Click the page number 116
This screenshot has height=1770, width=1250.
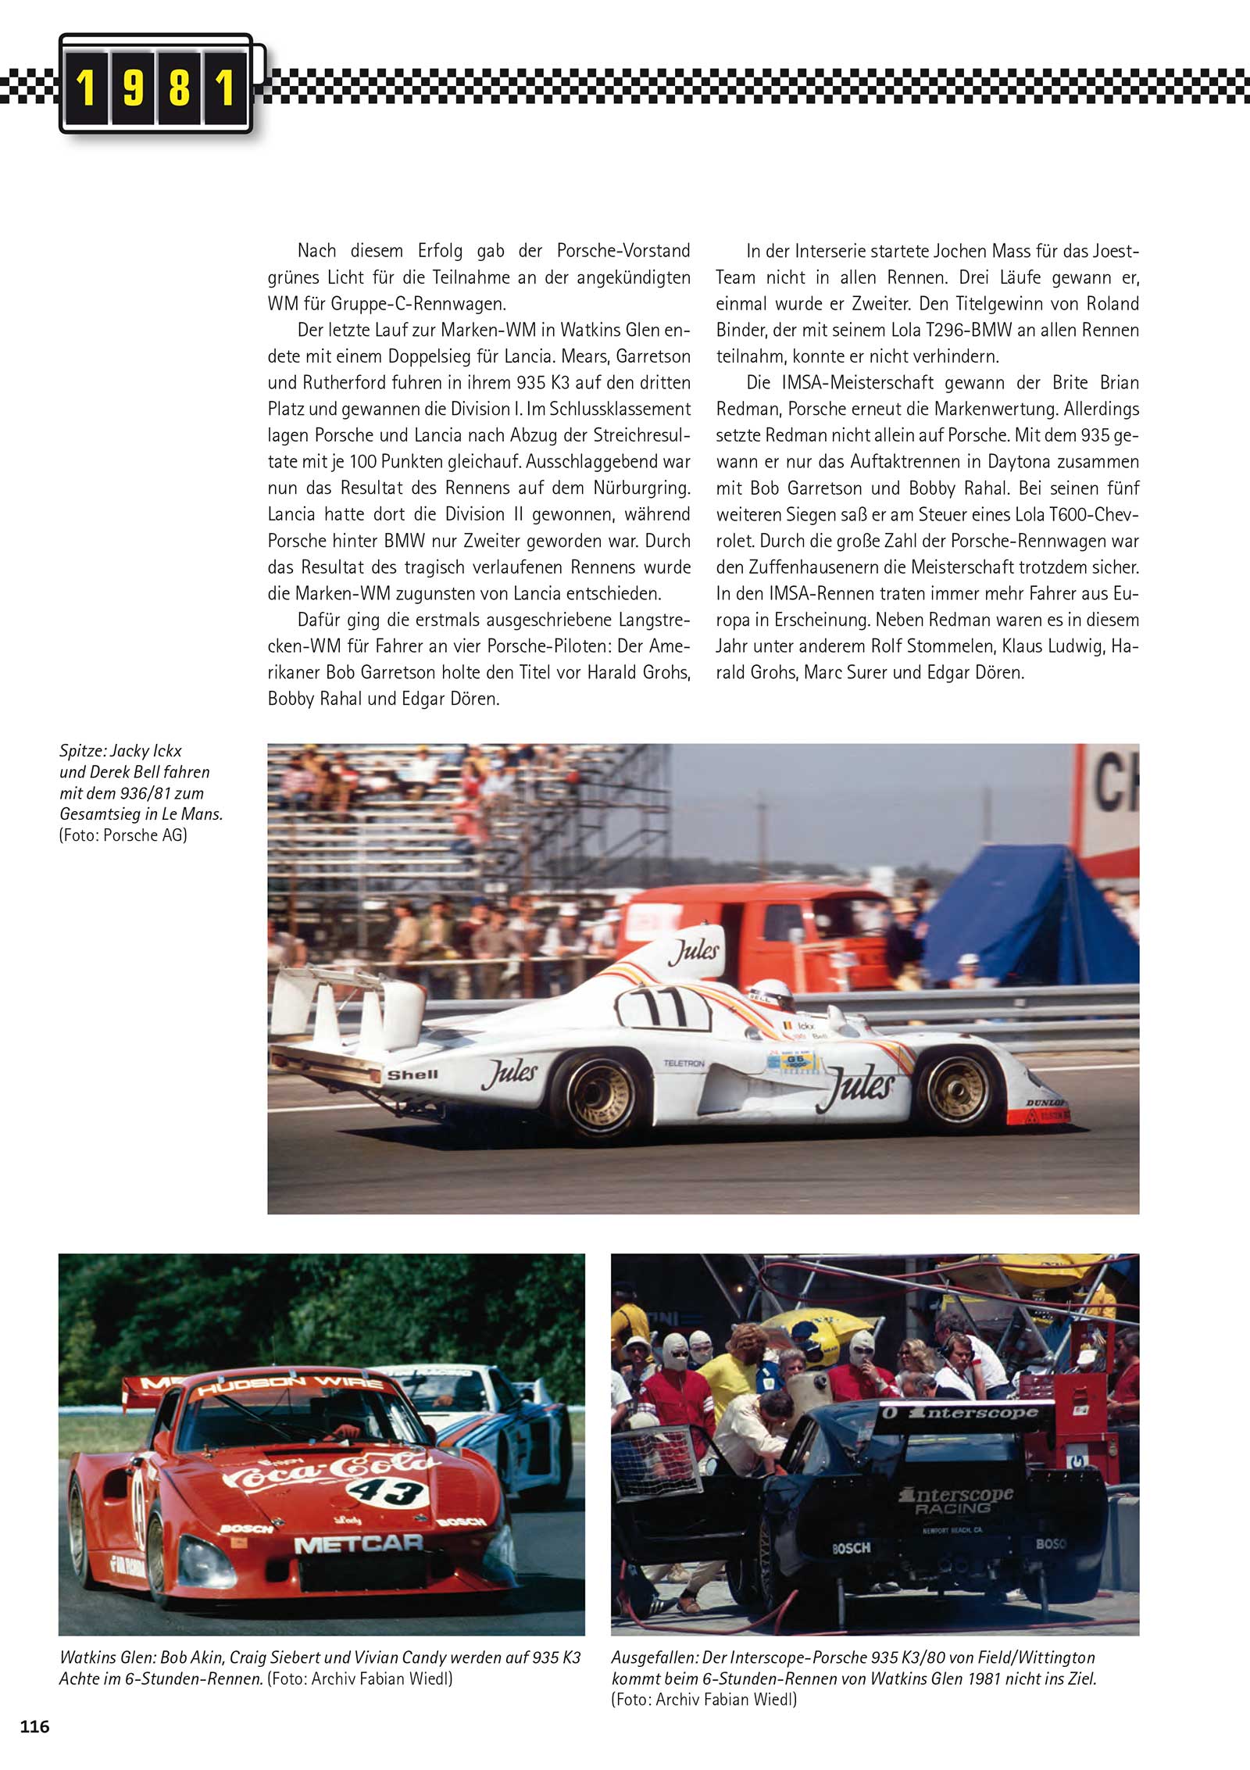[35, 1726]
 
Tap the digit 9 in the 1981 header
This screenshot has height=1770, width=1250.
[133, 87]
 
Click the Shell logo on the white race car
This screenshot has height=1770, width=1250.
[412, 1075]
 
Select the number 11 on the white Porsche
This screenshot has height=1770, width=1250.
[662, 1007]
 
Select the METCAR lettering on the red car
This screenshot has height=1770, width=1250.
[358, 1544]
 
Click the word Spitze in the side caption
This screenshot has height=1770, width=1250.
[81, 751]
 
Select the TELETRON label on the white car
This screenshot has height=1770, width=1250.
[684, 1064]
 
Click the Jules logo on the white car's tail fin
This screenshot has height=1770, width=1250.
[693, 949]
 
